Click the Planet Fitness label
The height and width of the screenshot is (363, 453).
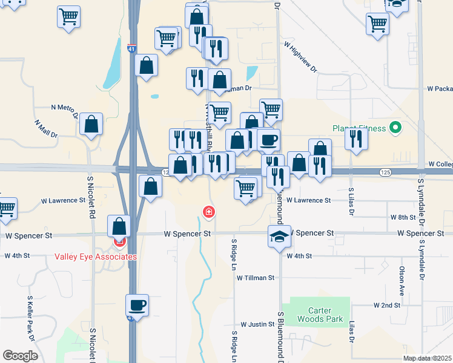point(359,128)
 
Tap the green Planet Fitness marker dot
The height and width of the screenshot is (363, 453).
point(395,128)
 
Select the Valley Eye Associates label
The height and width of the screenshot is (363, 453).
point(95,257)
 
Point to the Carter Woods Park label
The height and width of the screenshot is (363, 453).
point(320,315)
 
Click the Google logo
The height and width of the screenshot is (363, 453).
point(21,356)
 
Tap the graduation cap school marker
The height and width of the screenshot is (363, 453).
point(279,236)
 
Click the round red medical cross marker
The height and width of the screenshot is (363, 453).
point(208,212)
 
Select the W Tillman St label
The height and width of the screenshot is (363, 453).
point(256,278)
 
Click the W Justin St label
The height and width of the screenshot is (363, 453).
point(257,325)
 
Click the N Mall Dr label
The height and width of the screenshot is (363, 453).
point(46,128)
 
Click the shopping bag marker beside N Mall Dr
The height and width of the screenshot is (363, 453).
point(91,125)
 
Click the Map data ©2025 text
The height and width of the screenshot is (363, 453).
point(427,358)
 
